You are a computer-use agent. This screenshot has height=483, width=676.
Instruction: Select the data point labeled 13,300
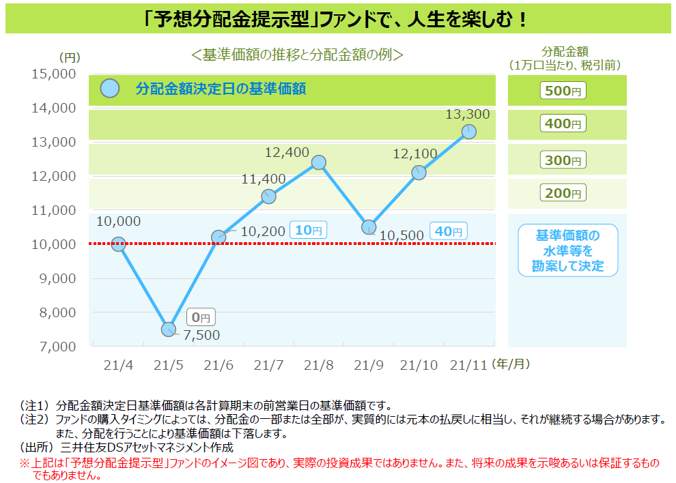(468, 132)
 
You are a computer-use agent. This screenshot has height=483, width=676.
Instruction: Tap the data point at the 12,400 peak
(319, 162)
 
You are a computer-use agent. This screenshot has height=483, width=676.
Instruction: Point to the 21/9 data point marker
(369, 226)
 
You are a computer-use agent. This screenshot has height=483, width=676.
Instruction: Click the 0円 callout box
(201, 317)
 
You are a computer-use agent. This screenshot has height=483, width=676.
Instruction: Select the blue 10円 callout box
(308, 230)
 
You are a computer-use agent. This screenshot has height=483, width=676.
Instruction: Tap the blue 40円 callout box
(449, 231)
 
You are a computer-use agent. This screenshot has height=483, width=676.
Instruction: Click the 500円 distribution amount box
(563, 91)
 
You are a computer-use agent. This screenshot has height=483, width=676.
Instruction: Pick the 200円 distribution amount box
(563, 193)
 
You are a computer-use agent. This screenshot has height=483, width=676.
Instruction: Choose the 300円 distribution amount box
(563, 160)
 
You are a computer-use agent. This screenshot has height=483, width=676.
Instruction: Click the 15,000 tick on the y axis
(54, 74)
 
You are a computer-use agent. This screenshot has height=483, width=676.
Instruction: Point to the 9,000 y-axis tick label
(58, 279)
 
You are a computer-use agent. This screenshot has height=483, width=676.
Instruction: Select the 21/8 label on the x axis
(319, 366)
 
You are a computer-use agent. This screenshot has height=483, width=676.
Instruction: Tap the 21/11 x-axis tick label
(468, 366)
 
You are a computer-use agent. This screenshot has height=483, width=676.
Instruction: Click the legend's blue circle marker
(109, 88)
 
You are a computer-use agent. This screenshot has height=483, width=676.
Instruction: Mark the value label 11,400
(264, 179)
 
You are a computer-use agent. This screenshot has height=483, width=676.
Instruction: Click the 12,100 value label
(414, 153)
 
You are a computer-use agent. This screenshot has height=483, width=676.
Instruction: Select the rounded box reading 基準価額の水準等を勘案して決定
(568, 250)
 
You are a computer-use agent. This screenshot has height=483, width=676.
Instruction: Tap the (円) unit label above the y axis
(70, 58)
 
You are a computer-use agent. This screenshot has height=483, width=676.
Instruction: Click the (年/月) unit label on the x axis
(511, 364)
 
